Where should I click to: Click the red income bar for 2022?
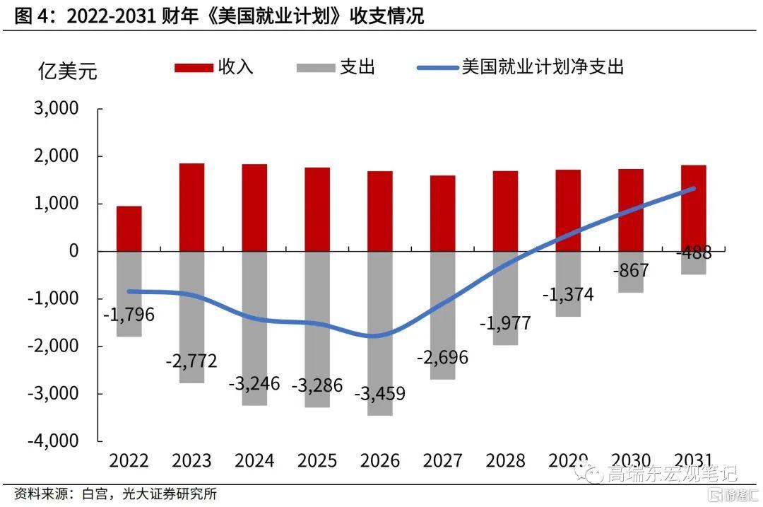click(129, 228)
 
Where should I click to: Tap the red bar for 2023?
click(191, 207)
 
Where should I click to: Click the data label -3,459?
click(380, 392)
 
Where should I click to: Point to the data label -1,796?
click(129, 315)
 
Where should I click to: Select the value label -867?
click(630, 270)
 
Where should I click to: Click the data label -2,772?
click(191, 361)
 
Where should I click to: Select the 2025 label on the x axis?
click(317, 461)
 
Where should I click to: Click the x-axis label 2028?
click(505, 461)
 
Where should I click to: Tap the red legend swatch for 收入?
click(194, 68)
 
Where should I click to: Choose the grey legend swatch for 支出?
click(314, 68)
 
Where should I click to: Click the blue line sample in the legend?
click(437, 68)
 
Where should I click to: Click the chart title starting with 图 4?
click(219, 16)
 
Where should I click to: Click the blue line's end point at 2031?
click(693, 188)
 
